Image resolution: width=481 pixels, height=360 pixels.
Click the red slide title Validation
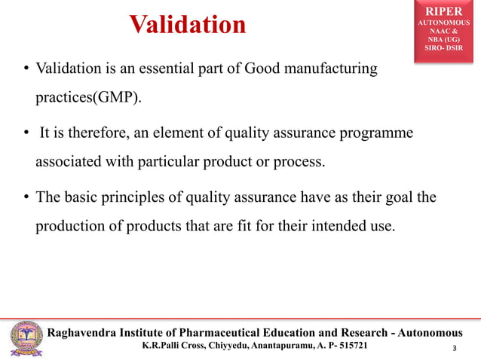[188, 25]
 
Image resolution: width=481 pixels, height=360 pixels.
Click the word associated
[69, 162]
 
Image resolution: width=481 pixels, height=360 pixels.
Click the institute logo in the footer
[25, 338]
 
